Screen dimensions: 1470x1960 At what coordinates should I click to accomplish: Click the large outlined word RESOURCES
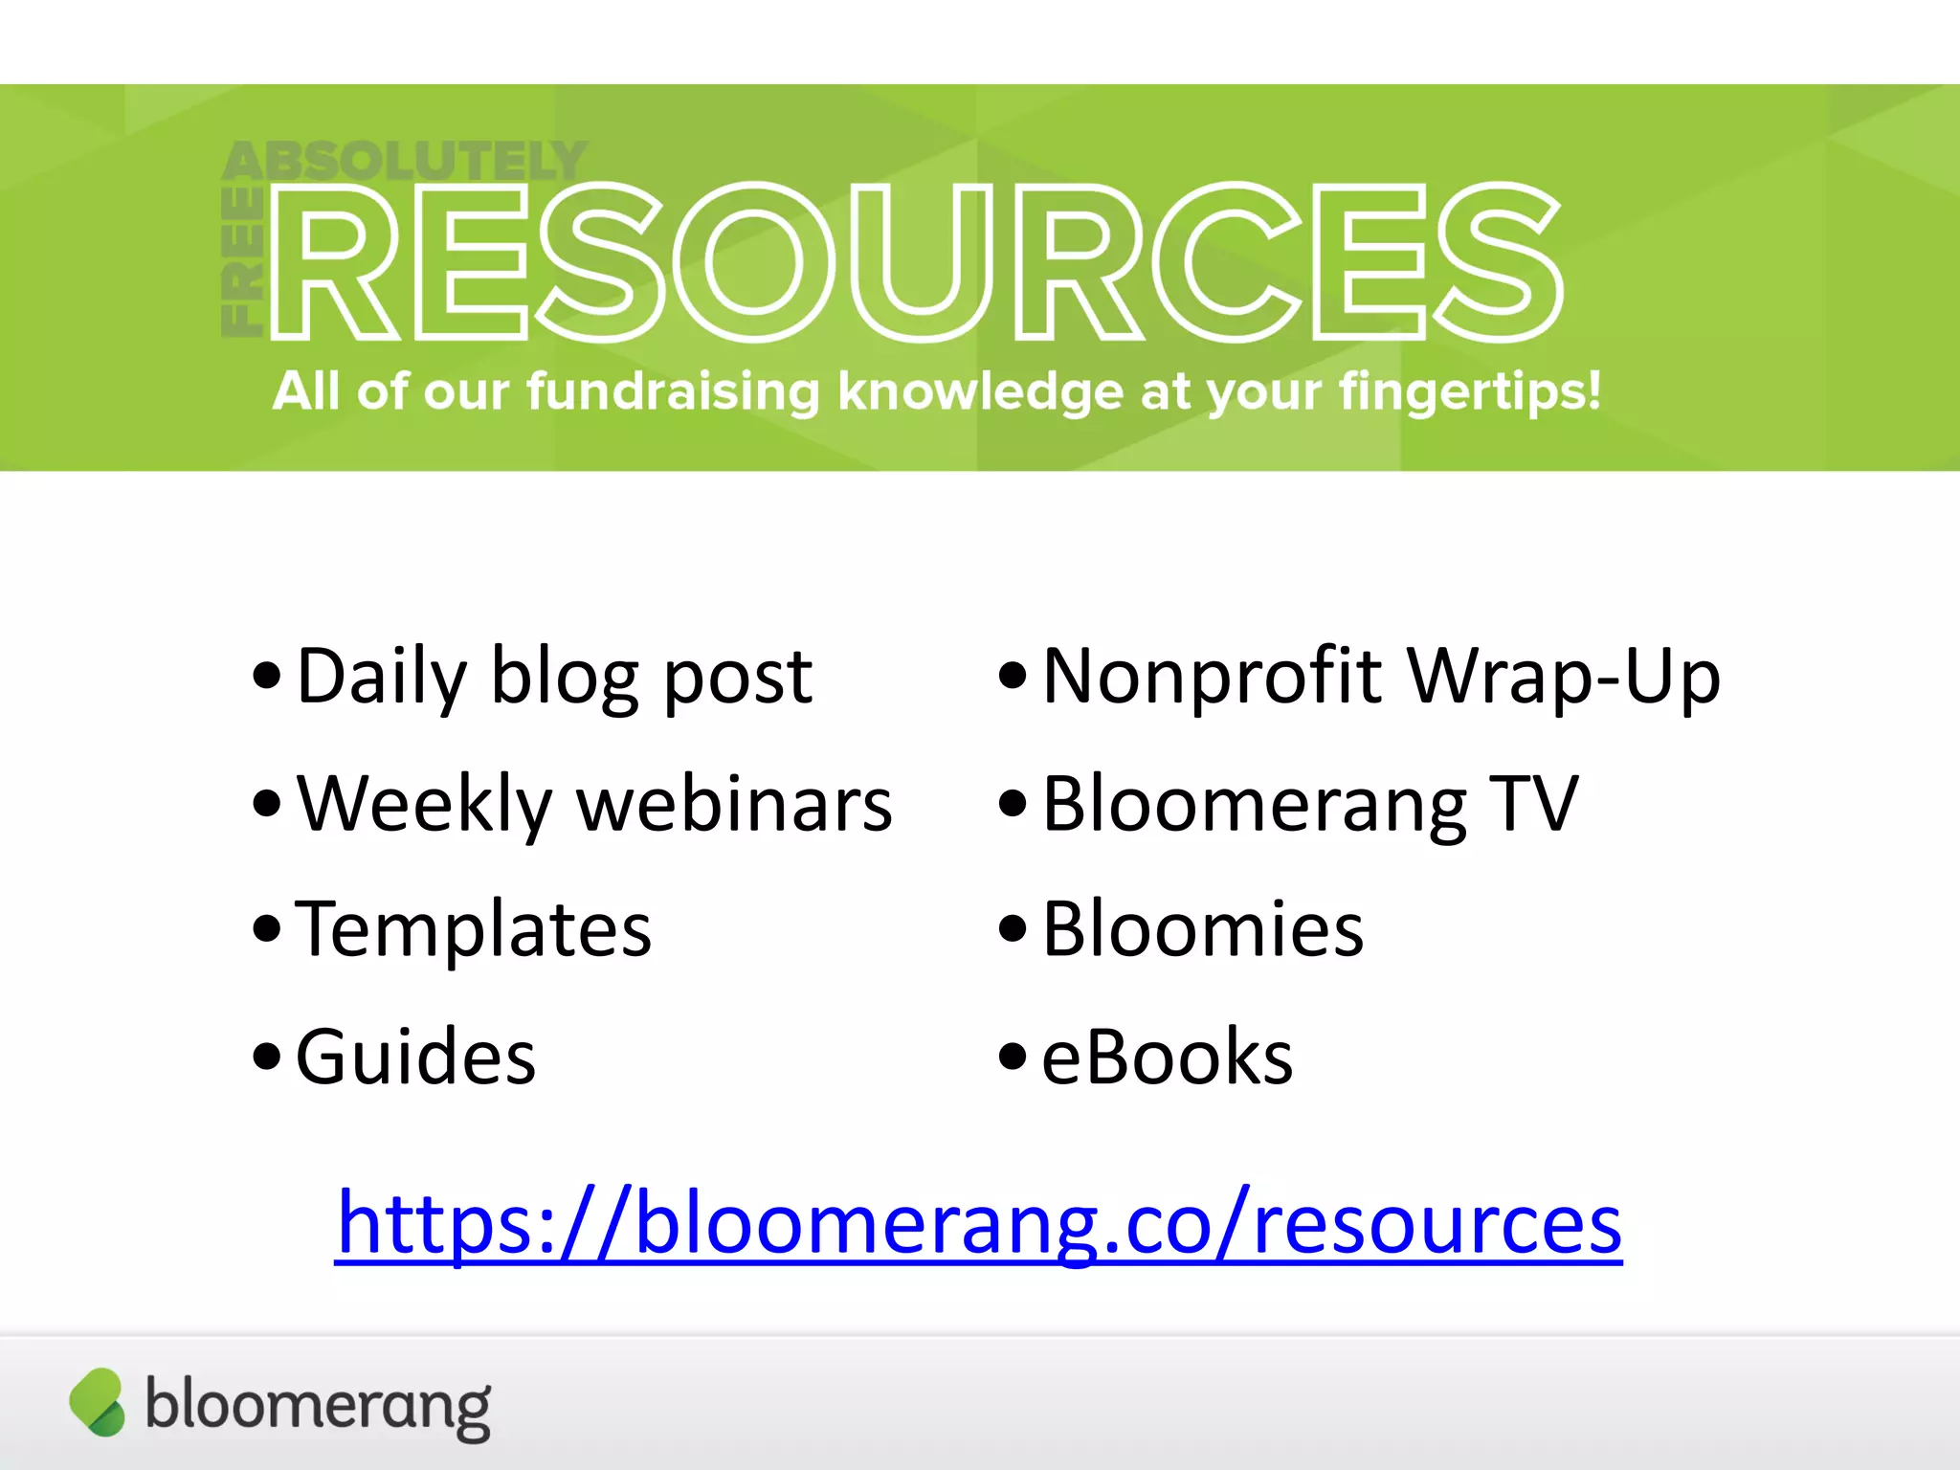(917, 261)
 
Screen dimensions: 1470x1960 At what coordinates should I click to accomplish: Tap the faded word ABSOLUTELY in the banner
(404, 161)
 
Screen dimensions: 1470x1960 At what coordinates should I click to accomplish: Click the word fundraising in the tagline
(673, 391)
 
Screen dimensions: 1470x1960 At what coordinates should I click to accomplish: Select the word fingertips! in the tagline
(1469, 391)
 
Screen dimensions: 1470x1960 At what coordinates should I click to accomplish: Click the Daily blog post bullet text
(554, 677)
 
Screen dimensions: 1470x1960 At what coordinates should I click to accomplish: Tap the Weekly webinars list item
(593, 804)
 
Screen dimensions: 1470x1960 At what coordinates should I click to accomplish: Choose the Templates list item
(474, 929)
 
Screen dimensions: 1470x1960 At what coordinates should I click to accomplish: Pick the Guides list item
(415, 1057)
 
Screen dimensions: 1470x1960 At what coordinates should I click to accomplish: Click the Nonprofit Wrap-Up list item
(1381, 677)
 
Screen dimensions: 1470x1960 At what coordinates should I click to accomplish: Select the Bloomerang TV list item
(1309, 804)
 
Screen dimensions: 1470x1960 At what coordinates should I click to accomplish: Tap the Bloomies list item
(1203, 929)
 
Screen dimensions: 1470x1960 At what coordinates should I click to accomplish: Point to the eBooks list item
(1167, 1057)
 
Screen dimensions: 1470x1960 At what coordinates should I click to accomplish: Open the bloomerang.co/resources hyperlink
(979, 1223)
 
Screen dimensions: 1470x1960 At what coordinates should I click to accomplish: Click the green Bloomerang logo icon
(97, 1402)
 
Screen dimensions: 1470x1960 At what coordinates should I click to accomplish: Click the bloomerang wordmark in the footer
(318, 1406)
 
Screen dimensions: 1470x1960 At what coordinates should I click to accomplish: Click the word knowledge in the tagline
(980, 391)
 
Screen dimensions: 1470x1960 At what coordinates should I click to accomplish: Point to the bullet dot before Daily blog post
(267, 676)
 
